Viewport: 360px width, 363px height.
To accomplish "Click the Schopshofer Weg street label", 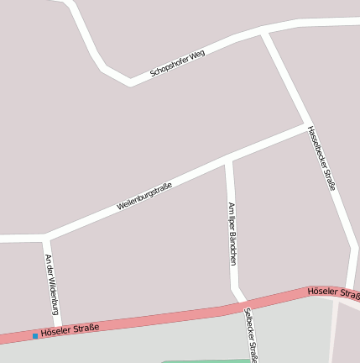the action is [x=177, y=64].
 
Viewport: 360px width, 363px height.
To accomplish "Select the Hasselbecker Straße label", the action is [x=321, y=158].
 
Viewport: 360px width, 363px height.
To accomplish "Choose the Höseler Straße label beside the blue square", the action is [x=70, y=329].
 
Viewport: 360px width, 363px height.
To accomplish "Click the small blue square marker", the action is [x=34, y=336].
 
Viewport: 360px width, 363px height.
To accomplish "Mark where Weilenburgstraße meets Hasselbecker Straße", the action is [x=307, y=125].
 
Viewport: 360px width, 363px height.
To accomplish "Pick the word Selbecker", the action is [x=248, y=324].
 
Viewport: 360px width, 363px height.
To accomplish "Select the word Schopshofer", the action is [x=169, y=67].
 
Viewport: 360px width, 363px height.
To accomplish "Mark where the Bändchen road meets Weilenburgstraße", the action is [x=228, y=160].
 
